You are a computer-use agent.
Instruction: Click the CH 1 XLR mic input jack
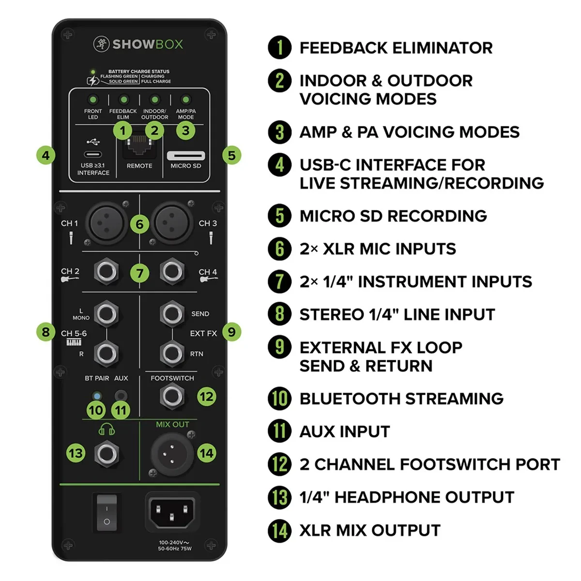107,223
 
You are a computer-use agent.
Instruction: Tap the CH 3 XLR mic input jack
172,223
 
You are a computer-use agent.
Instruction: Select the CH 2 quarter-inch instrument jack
107,271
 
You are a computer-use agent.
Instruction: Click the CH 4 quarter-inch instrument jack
172,271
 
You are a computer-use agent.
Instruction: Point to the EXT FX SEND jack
172,314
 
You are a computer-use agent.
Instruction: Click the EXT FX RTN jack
172,353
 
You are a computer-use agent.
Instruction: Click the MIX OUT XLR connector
172,454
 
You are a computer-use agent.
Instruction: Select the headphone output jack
107,454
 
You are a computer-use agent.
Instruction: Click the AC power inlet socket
171,512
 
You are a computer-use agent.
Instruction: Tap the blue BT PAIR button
97,396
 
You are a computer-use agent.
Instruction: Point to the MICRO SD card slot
186,155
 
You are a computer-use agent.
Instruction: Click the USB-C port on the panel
92,154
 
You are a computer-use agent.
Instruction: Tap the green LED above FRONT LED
93,99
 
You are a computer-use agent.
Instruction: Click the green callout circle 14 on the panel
207,453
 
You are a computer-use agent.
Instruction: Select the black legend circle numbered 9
279,347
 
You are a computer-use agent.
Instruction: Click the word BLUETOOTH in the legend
350,398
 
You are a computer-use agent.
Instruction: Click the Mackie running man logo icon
101,44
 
